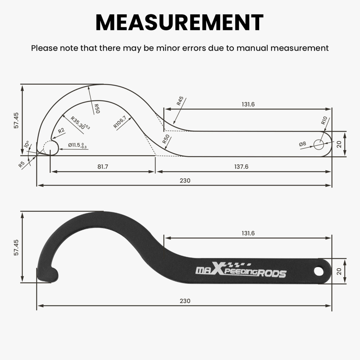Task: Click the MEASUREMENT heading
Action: (180, 22)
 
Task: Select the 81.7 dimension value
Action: (103, 167)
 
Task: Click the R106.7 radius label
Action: (120, 122)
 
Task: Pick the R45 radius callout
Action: (180, 101)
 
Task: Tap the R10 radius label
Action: (324, 121)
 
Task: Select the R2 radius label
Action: (62, 131)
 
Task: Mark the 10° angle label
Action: (26, 144)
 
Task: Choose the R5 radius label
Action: (22, 165)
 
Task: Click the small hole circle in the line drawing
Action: (319, 145)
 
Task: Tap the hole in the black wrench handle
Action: (319, 271)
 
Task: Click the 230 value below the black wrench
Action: (185, 301)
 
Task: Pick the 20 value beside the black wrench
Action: (339, 271)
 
